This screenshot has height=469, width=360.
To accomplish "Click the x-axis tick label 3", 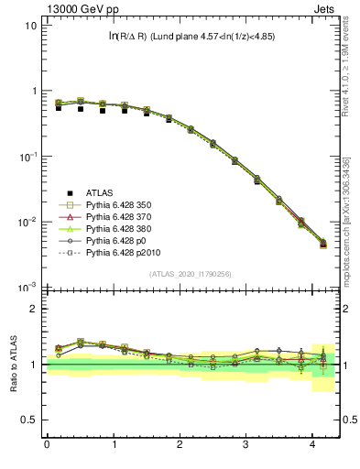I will coord(246,446).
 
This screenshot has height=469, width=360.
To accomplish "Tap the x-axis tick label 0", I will coord(47,446).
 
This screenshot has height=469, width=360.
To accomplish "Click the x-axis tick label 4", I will coord(313,446).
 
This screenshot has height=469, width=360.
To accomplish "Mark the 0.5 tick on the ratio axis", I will coord(32,420).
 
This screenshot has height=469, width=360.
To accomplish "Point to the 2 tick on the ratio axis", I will coord(35,309).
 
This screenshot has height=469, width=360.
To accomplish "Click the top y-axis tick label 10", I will coord(31,26).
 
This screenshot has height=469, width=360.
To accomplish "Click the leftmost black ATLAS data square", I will coord(59,108).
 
